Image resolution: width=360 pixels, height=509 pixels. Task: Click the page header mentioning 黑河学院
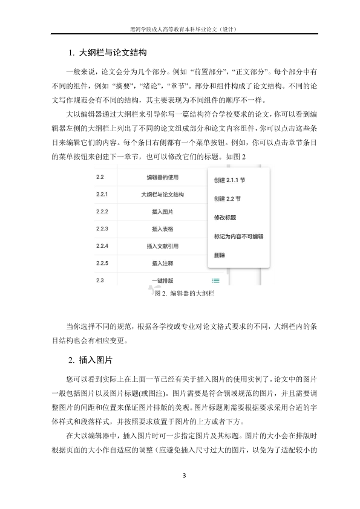(x=180, y=28)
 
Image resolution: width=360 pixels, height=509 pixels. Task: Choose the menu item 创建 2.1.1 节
(x=230, y=180)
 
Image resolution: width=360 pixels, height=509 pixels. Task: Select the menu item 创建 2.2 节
(x=227, y=198)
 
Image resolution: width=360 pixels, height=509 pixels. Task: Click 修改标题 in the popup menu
(x=225, y=217)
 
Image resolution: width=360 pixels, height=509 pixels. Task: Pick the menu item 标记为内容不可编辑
(x=238, y=236)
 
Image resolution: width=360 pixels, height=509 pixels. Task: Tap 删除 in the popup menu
(x=220, y=255)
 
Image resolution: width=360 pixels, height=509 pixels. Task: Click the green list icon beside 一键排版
(x=215, y=280)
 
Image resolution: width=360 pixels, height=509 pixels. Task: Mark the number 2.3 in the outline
(x=100, y=280)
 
